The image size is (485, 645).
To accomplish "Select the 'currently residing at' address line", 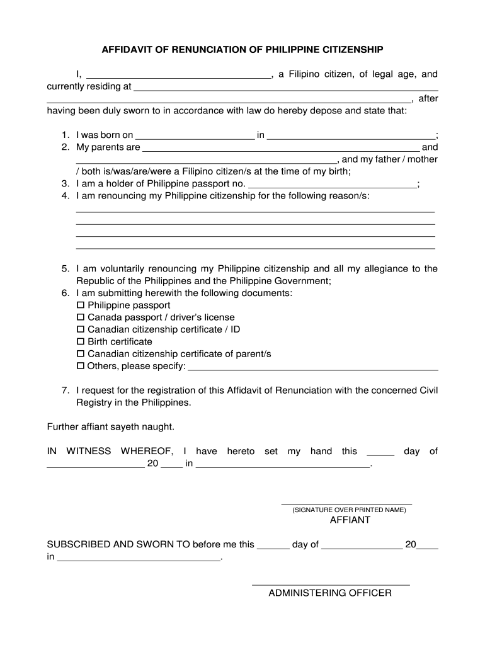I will point(286,89).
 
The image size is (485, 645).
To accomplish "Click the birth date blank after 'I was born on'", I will point(195,137).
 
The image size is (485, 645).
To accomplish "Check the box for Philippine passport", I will point(80,305).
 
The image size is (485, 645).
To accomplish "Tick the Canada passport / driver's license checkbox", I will point(80,317).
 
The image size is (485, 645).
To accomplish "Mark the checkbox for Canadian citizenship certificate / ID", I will point(80,329).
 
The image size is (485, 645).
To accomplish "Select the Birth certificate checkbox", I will point(80,341).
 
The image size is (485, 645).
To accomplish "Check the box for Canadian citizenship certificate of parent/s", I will point(80,354).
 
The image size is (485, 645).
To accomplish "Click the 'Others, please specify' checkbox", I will point(80,366).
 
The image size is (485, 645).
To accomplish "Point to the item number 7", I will point(65,391).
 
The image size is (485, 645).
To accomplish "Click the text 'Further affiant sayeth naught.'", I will point(111,427).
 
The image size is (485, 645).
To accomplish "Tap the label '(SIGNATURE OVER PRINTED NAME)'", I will point(349,510).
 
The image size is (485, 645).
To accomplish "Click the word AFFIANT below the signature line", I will point(350,520).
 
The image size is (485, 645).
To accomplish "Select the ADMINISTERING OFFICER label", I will point(330,593).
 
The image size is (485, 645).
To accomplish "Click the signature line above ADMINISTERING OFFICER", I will point(330,585).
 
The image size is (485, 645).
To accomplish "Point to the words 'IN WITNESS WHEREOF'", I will point(110,452).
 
